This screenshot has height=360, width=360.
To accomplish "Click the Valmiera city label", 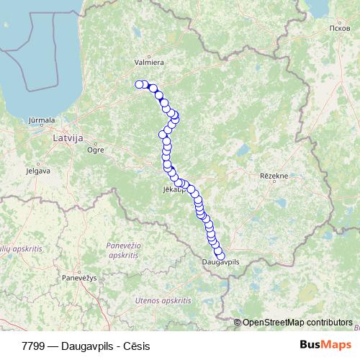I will click(x=149, y=62).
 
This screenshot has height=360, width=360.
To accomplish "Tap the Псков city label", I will click(x=318, y=28).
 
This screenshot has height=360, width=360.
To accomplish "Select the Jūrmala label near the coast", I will click(x=40, y=120).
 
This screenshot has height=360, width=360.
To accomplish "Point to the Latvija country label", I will click(x=69, y=136).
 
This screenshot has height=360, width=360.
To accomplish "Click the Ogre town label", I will click(x=95, y=150).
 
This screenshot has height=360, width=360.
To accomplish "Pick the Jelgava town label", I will click(x=37, y=171).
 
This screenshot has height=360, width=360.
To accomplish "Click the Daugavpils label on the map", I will click(x=221, y=264).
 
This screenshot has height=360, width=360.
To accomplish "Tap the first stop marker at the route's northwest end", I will click(x=139, y=84).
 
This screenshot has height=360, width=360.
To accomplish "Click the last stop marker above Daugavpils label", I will click(x=220, y=256).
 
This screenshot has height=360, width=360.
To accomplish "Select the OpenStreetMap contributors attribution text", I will click(x=297, y=322).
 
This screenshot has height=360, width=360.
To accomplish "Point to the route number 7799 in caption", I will click(x=32, y=346).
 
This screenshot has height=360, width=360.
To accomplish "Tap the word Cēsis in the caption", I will click(x=135, y=346).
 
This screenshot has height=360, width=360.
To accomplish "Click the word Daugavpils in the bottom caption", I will click(x=85, y=346).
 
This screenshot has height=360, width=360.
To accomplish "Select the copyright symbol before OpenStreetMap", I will click(x=237, y=322).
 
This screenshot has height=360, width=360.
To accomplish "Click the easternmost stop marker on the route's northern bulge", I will click(x=175, y=115).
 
